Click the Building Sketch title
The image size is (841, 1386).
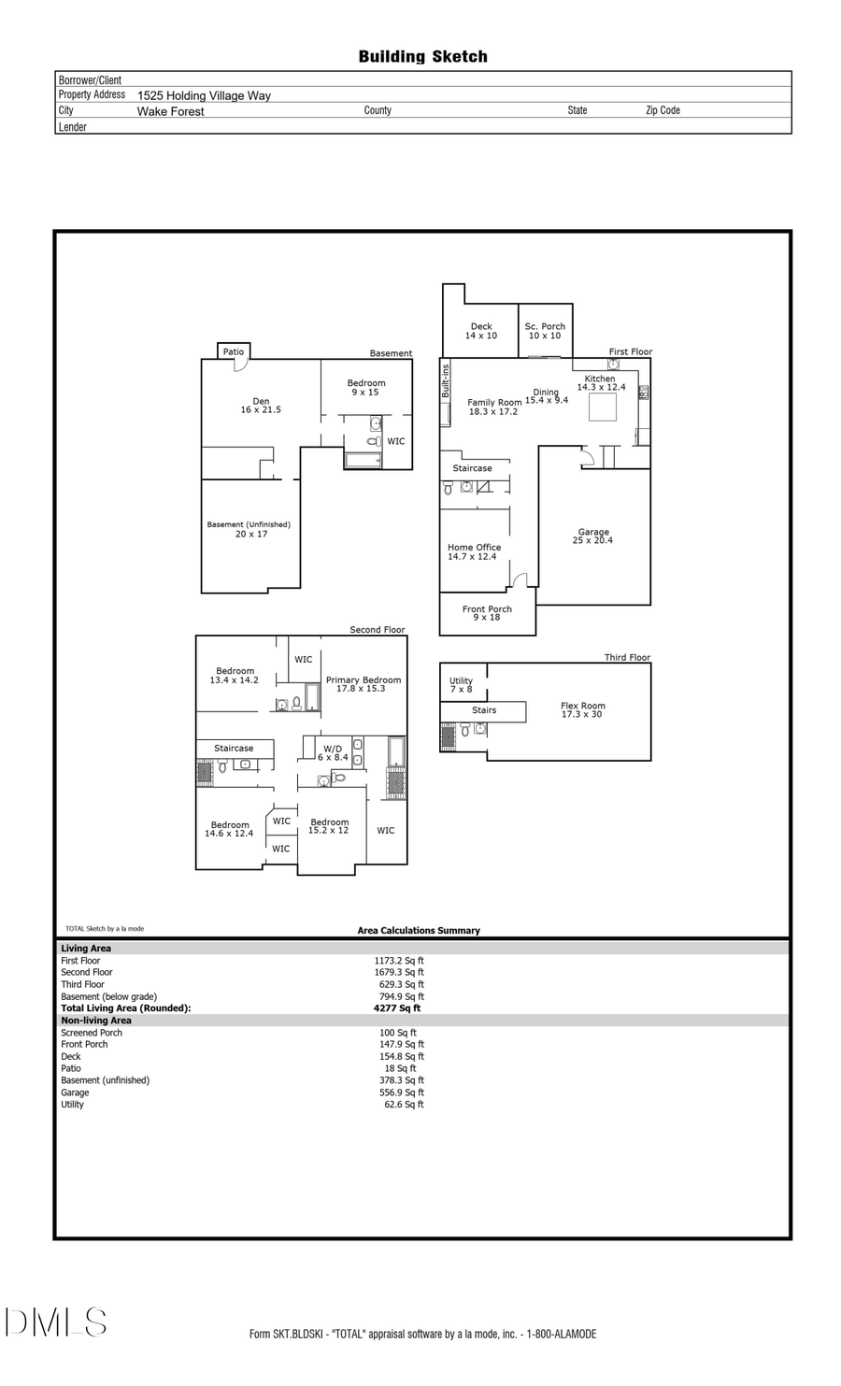coord(422,57)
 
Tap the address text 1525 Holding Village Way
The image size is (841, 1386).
coord(204,95)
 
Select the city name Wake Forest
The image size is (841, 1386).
coord(170,111)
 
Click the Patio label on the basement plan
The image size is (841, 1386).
coord(234,352)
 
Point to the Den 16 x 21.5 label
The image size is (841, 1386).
coord(261,406)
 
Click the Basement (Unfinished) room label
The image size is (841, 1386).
coord(249,529)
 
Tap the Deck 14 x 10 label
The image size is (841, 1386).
coord(481,331)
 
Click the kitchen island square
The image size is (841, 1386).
coord(602,407)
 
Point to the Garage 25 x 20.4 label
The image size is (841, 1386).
coord(593,536)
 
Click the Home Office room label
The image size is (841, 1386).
coord(474,551)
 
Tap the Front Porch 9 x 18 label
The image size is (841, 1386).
coord(487,613)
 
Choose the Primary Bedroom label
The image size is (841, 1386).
coord(363,684)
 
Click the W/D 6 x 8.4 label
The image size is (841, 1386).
coord(333,752)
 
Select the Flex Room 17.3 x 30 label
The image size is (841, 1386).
coord(583,710)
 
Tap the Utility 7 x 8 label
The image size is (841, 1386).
coord(462,685)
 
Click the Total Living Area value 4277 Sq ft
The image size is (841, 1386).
coord(397,1008)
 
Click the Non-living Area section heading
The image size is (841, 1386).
coord(96,1021)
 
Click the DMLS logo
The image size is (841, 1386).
coord(56,1322)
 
